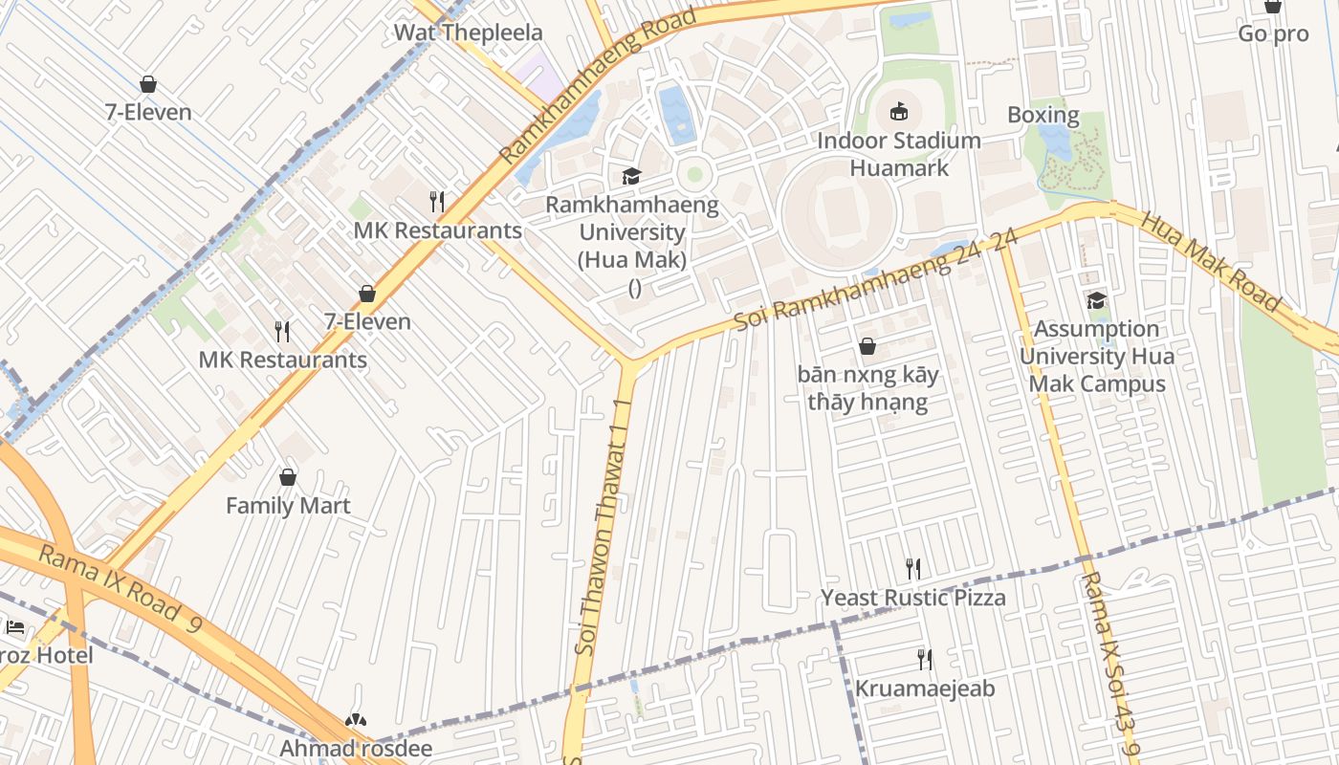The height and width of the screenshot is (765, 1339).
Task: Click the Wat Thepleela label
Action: coord(468,33)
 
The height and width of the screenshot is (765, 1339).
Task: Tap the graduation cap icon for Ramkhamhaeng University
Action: coord(631,176)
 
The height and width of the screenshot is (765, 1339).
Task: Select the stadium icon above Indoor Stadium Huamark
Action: coord(899,112)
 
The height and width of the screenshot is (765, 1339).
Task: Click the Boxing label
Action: coord(1043,116)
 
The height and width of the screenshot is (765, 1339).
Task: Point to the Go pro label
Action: coord(1273,33)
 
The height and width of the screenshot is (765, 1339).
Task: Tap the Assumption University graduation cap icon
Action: coord(1096,301)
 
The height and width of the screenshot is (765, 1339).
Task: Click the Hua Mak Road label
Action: coord(1210,259)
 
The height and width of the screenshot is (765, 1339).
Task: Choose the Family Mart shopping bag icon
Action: coord(288,477)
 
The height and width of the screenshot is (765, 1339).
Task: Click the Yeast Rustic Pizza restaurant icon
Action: coord(913,569)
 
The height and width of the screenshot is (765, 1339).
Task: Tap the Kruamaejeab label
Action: coord(924,688)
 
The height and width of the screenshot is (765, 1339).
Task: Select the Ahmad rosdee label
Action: coord(356,748)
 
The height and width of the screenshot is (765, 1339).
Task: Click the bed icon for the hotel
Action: coord(15,628)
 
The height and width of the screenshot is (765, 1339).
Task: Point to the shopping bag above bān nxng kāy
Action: coord(867,346)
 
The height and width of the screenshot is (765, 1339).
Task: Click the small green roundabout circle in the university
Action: coord(695,174)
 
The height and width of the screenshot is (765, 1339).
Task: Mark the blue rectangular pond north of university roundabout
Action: coord(676,113)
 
